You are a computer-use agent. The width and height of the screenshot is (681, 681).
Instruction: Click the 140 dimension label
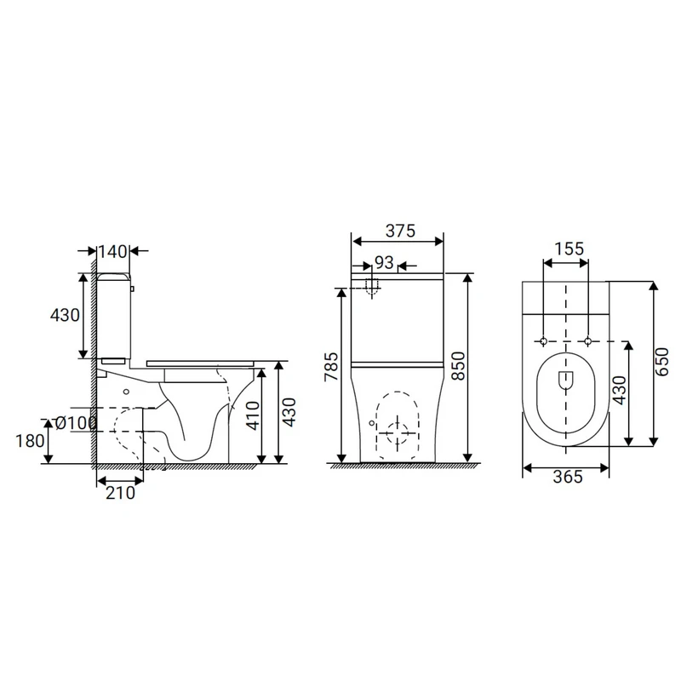click(x=112, y=251)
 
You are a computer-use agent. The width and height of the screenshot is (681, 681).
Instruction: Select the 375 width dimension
click(x=400, y=231)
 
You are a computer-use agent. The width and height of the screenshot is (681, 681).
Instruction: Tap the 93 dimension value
click(x=384, y=262)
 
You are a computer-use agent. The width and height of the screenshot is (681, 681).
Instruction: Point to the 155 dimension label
click(x=569, y=249)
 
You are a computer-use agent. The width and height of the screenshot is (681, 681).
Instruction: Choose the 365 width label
click(x=568, y=477)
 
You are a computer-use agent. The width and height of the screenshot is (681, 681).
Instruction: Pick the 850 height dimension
click(x=458, y=366)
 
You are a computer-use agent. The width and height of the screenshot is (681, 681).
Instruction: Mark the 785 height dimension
click(x=332, y=367)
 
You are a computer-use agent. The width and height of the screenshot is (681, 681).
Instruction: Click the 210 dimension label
click(x=120, y=493)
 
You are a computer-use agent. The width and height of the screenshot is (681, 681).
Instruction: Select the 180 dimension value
click(x=30, y=441)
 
